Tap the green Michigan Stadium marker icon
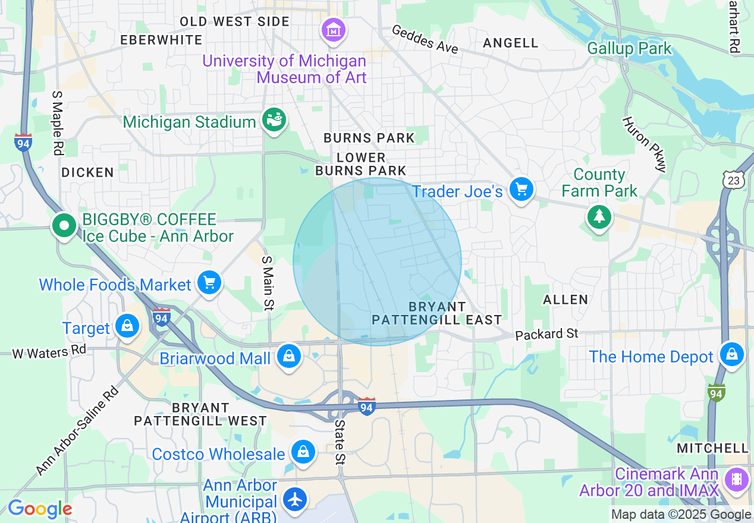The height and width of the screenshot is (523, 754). pyautogui.click(x=274, y=121)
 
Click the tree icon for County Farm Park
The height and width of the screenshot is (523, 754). pyautogui.click(x=599, y=217)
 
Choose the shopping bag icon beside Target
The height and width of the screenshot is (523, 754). pyautogui.click(x=127, y=326)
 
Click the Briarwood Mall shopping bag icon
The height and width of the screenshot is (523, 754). pyautogui.click(x=288, y=356)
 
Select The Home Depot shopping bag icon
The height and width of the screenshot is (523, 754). pyautogui.click(x=731, y=355)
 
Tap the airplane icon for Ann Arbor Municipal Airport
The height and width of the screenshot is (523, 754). pyautogui.click(x=295, y=499)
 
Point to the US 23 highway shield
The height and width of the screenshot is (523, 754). pyautogui.click(x=732, y=178)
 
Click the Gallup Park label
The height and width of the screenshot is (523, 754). pyautogui.click(x=629, y=48)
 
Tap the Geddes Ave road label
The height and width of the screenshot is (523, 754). pyautogui.click(x=425, y=40)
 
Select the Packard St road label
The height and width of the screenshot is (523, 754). pyautogui.click(x=546, y=334)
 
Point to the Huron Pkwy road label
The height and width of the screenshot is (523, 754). pyautogui.click(x=645, y=144)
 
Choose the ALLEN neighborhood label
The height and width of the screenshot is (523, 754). pyautogui.click(x=565, y=299)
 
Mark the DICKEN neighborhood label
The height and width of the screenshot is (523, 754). pyautogui.click(x=87, y=172)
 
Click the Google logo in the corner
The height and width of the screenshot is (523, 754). pyautogui.click(x=40, y=509)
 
